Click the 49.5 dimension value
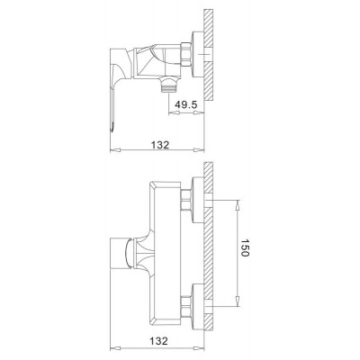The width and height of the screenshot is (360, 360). (186, 104)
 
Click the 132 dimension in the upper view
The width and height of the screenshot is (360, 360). (159, 145)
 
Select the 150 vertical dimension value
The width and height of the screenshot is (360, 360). (245, 248)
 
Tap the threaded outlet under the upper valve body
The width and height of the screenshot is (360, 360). (169, 85)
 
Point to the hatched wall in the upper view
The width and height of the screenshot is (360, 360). (209, 55)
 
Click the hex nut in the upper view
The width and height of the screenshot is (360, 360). (186, 54)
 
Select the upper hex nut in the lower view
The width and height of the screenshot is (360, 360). (186, 200)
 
